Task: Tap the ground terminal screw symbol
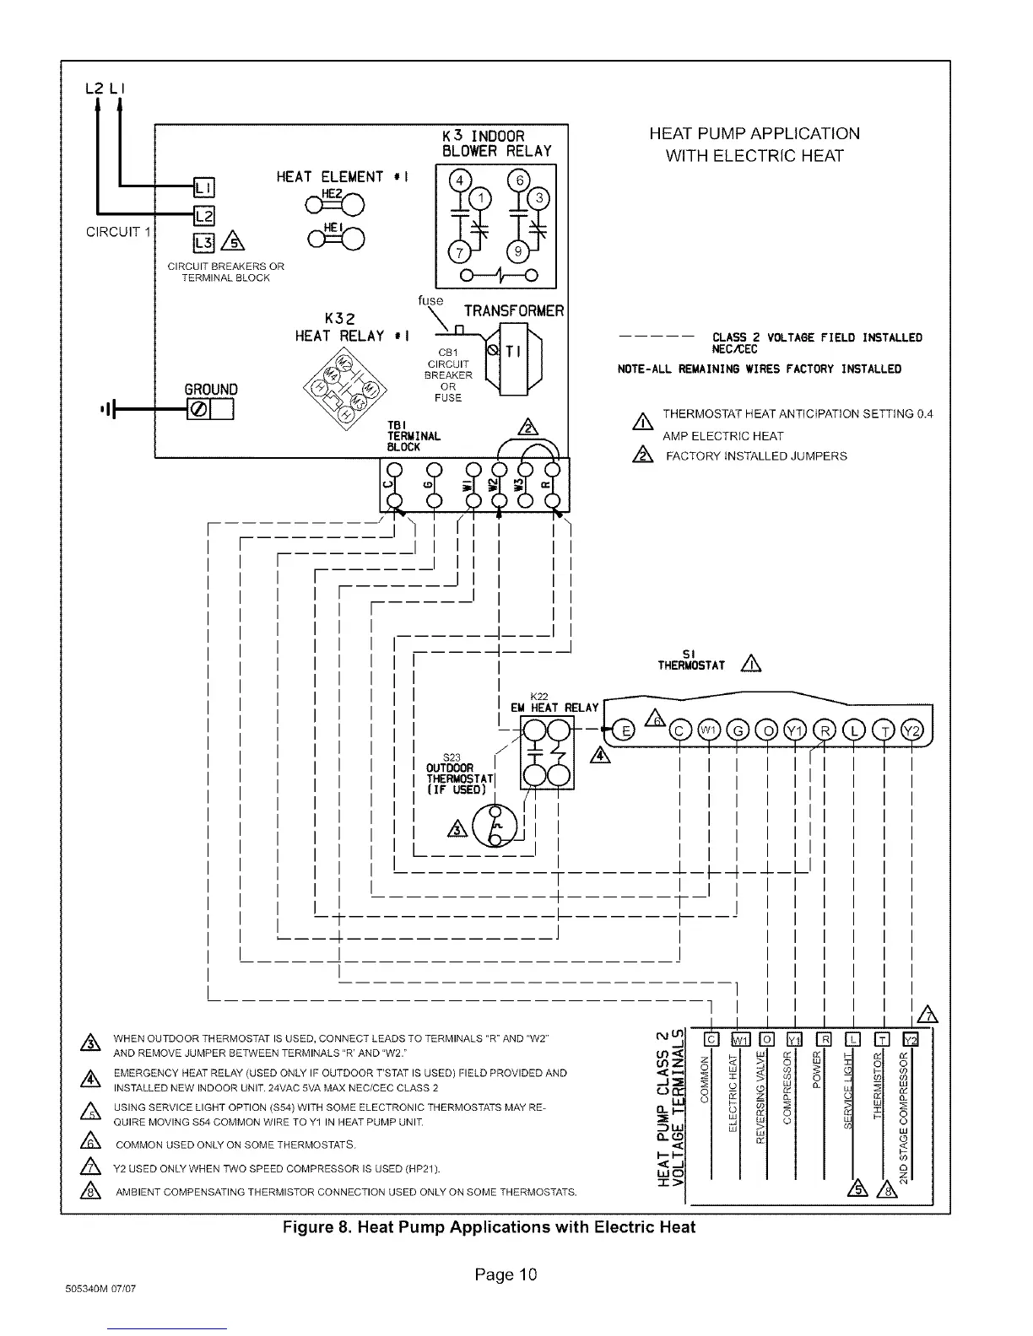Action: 199,411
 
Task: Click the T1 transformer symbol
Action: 514,354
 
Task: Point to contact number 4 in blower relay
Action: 460,181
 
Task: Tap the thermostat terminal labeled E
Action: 625,730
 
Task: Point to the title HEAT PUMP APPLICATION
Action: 754,133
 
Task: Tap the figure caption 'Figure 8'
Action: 489,1227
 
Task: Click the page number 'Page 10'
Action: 506,1274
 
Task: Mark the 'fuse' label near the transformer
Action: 430,300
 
